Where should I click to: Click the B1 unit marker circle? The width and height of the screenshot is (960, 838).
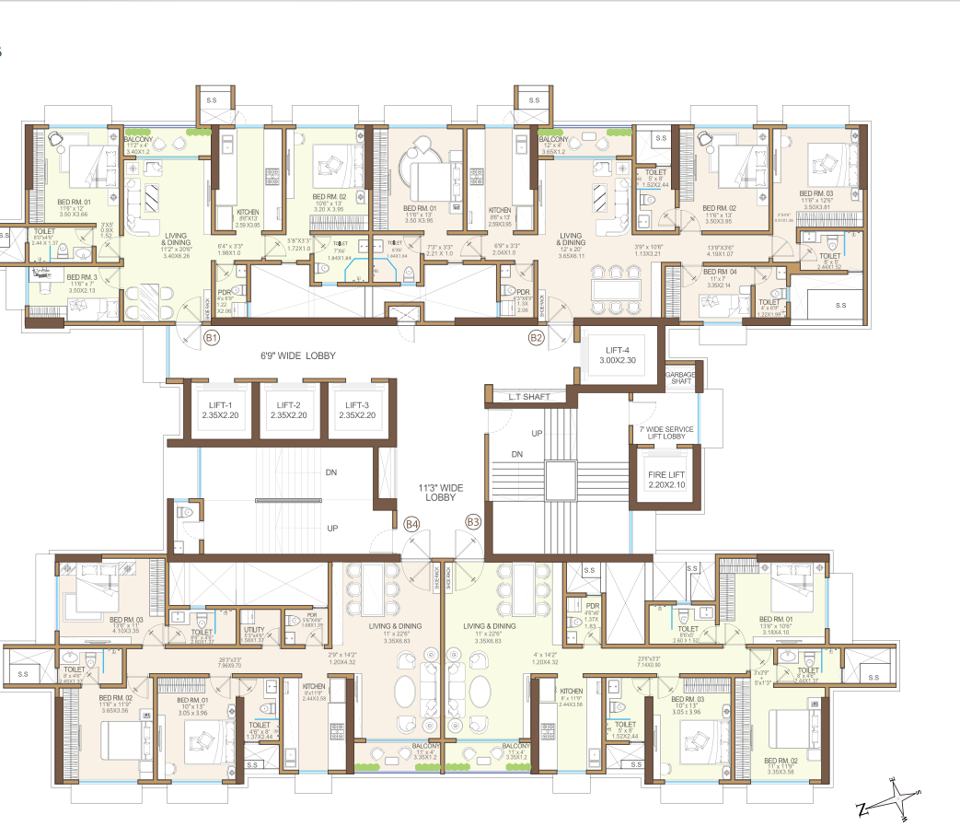(x=212, y=338)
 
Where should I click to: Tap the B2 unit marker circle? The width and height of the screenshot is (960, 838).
(x=537, y=338)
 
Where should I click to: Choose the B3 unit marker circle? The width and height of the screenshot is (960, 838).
(x=473, y=522)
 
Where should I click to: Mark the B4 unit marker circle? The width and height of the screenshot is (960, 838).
(x=412, y=524)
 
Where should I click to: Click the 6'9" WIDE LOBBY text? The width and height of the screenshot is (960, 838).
(x=296, y=355)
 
